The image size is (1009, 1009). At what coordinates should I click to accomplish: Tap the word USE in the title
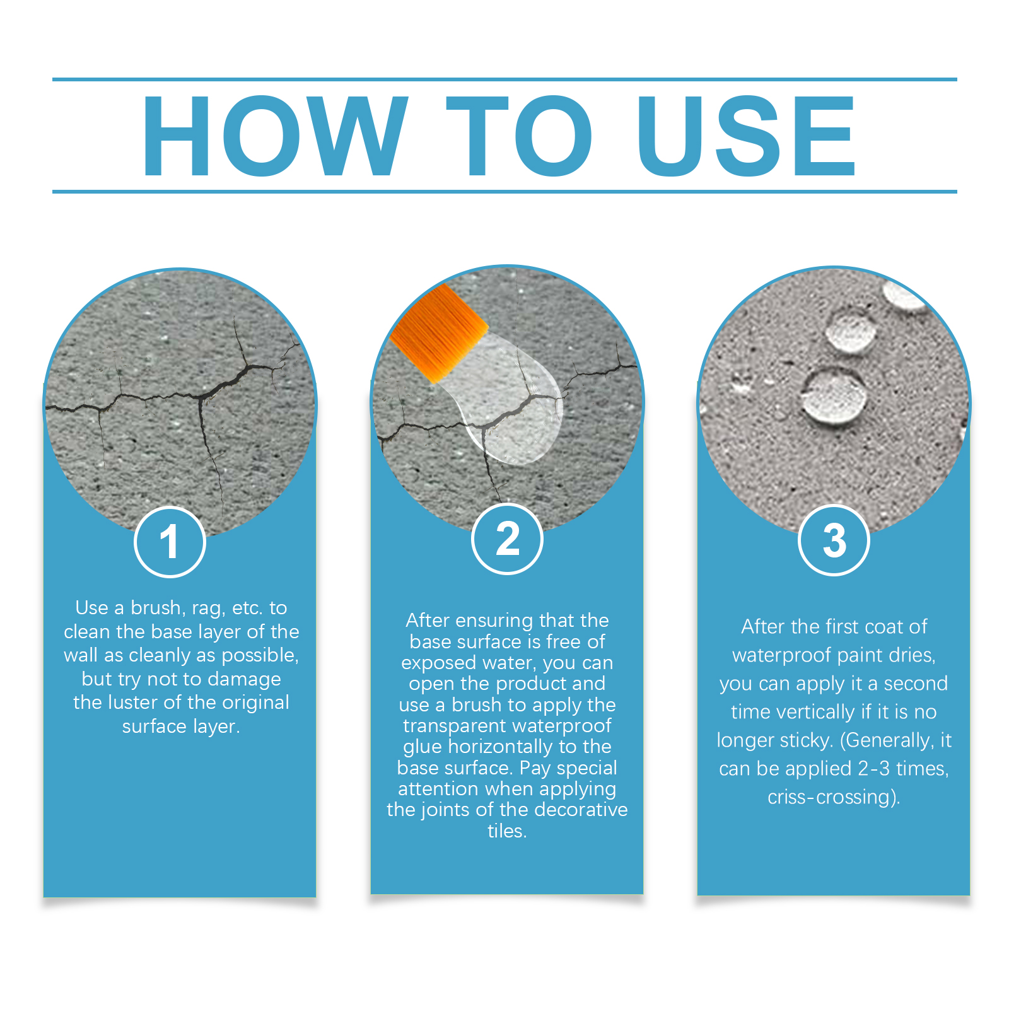pos(746,136)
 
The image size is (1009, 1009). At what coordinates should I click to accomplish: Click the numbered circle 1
pos(170,542)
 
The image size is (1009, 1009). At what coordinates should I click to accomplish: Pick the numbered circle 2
pos(507,539)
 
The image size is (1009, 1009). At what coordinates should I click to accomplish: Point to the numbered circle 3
pos(834,540)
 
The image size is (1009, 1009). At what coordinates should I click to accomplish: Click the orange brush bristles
pos(439,332)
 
